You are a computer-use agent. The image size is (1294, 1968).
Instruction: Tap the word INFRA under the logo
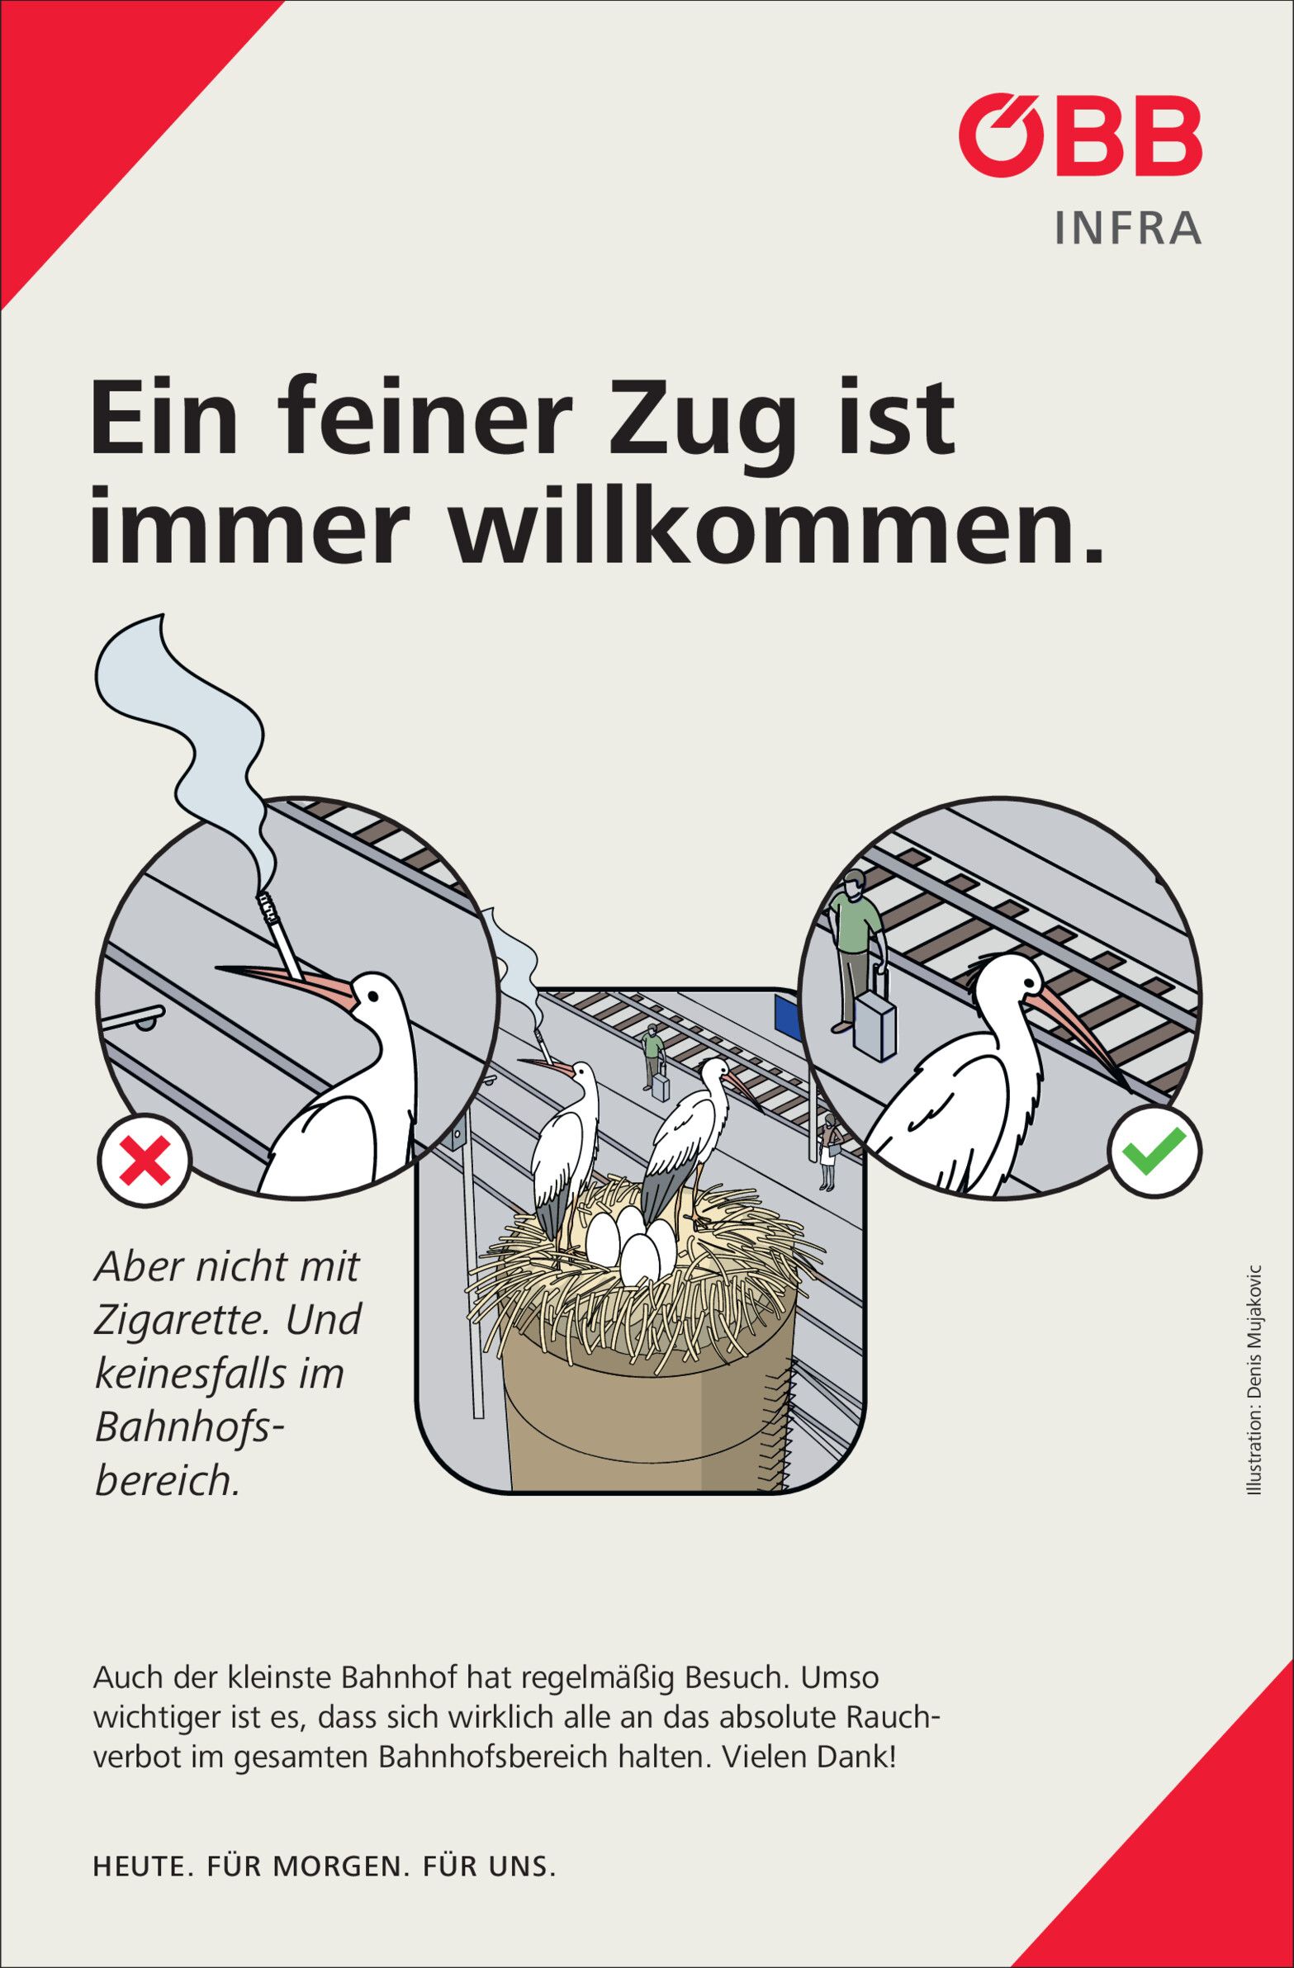click(1128, 229)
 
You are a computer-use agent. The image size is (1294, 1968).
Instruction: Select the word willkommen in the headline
click(776, 529)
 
